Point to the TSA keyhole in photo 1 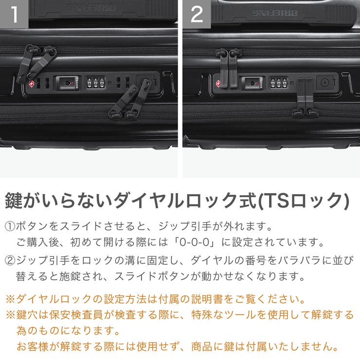click(x=66, y=83)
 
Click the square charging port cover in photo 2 click(x=324, y=81)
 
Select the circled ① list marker click(x=10, y=227)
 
